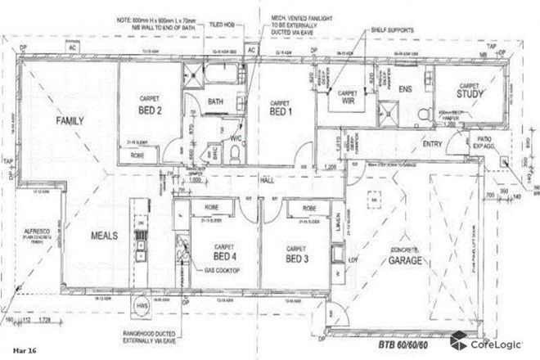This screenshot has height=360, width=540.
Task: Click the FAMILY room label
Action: coord(70,120)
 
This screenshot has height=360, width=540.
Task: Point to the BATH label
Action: coord(216,101)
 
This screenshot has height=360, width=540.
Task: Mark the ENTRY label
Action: coord(431,144)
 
